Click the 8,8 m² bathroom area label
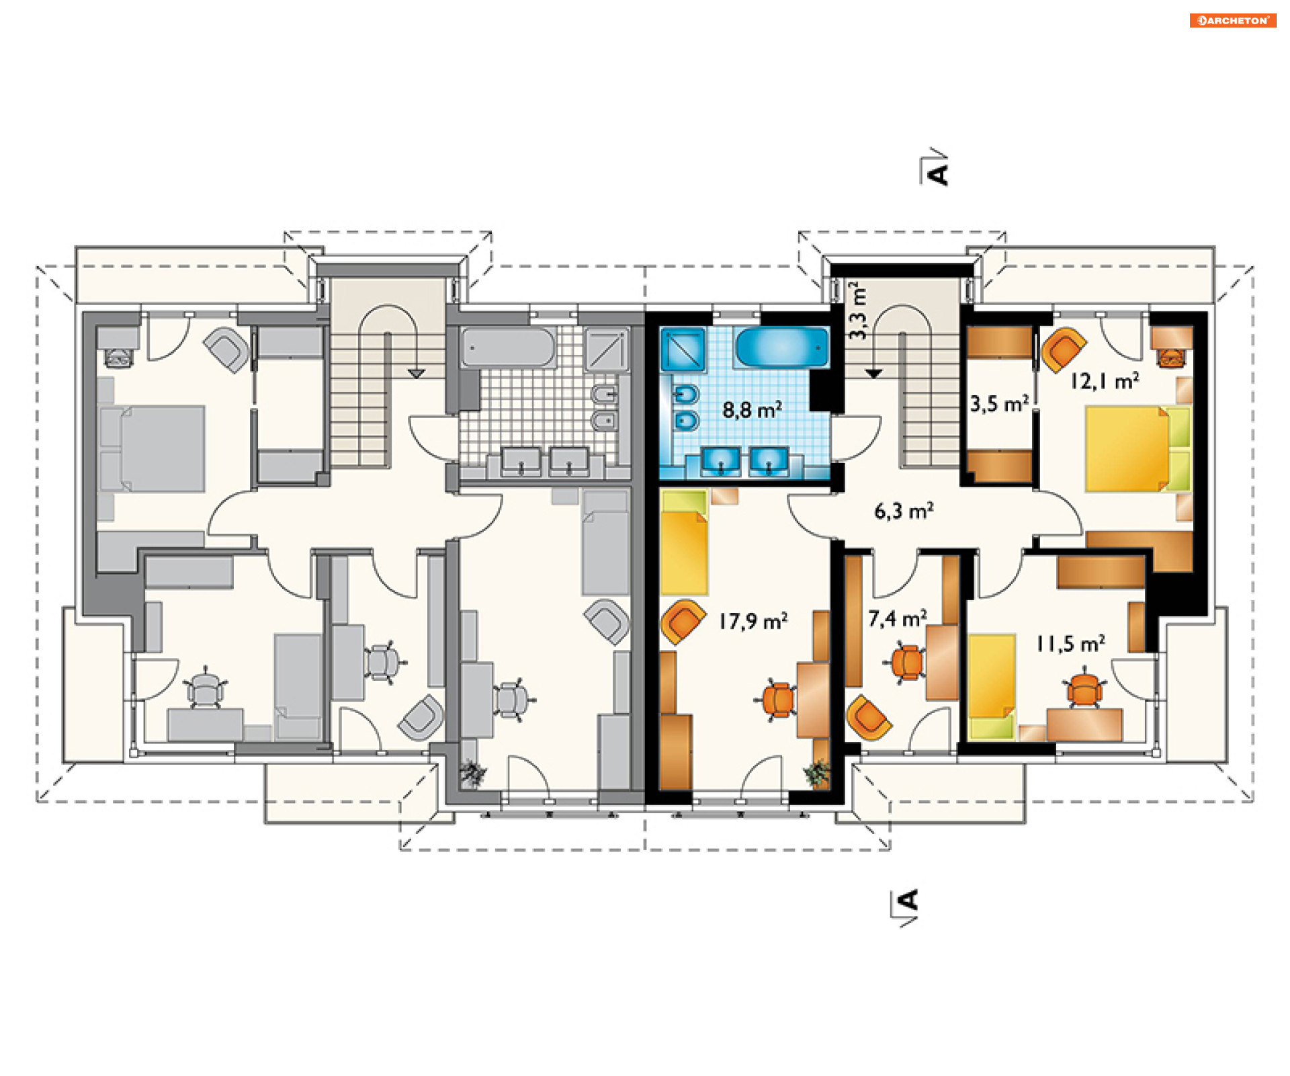click(752, 409)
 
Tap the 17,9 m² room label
click(753, 621)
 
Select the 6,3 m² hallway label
click(904, 511)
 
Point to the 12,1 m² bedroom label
click(1105, 381)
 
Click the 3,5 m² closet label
click(999, 404)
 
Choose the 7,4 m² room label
click(898, 618)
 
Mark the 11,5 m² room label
click(1070, 644)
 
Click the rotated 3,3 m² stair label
click(857, 311)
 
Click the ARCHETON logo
click(1233, 20)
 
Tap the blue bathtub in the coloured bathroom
click(782, 347)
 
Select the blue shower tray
click(683, 349)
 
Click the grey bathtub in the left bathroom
click(509, 347)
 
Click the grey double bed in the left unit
click(152, 448)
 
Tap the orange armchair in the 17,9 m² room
click(683, 622)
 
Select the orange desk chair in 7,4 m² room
click(906, 663)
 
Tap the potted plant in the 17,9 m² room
click(816, 773)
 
